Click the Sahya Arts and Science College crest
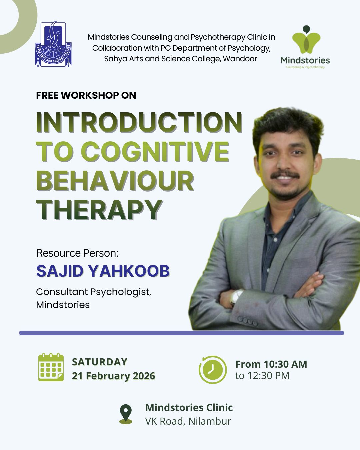(53, 44)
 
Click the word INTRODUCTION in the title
(139, 122)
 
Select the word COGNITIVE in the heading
(155, 151)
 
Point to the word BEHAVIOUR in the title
(115, 181)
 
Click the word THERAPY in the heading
(99, 210)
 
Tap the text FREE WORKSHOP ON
(86, 95)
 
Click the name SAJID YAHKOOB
(103, 271)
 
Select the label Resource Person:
(77, 253)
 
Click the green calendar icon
(51, 367)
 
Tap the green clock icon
(212, 369)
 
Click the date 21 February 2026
(114, 376)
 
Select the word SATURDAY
(100, 362)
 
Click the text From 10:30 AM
(271, 364)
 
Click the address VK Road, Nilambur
(188, 421)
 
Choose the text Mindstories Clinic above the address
(189, 407)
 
